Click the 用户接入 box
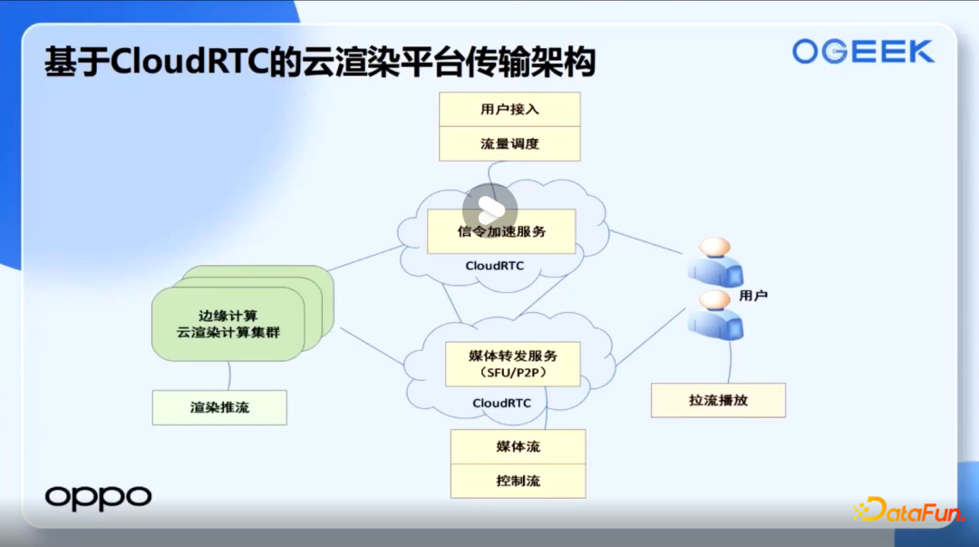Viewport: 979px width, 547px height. tap(509, 110)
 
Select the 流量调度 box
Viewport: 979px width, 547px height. tap(509, 144)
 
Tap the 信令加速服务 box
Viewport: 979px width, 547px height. tap(501, 231)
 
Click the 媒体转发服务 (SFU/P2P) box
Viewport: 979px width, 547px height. tap(512, 364)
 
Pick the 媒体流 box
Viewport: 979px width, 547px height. tap(519, 446)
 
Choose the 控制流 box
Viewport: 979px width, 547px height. tap(519, 481)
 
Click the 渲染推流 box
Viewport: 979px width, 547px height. tap(219, 407)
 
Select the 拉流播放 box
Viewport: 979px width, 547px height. tap(718, 400)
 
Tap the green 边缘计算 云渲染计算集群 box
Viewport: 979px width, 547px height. tap(228, 324)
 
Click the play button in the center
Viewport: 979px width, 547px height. tap(490, 210)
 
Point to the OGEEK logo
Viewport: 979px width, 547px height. tap(864, 52)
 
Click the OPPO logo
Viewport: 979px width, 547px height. tap(98, 498)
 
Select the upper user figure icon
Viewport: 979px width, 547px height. tap(715, 261)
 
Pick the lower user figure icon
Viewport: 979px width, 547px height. tap(715, 315)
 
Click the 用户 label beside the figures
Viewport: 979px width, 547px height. tap(753, 296)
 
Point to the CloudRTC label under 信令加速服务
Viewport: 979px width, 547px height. tap(495, 266)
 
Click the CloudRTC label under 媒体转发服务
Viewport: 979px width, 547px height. tap(502, 403)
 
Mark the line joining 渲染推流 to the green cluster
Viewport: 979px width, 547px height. tap(229, 376)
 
